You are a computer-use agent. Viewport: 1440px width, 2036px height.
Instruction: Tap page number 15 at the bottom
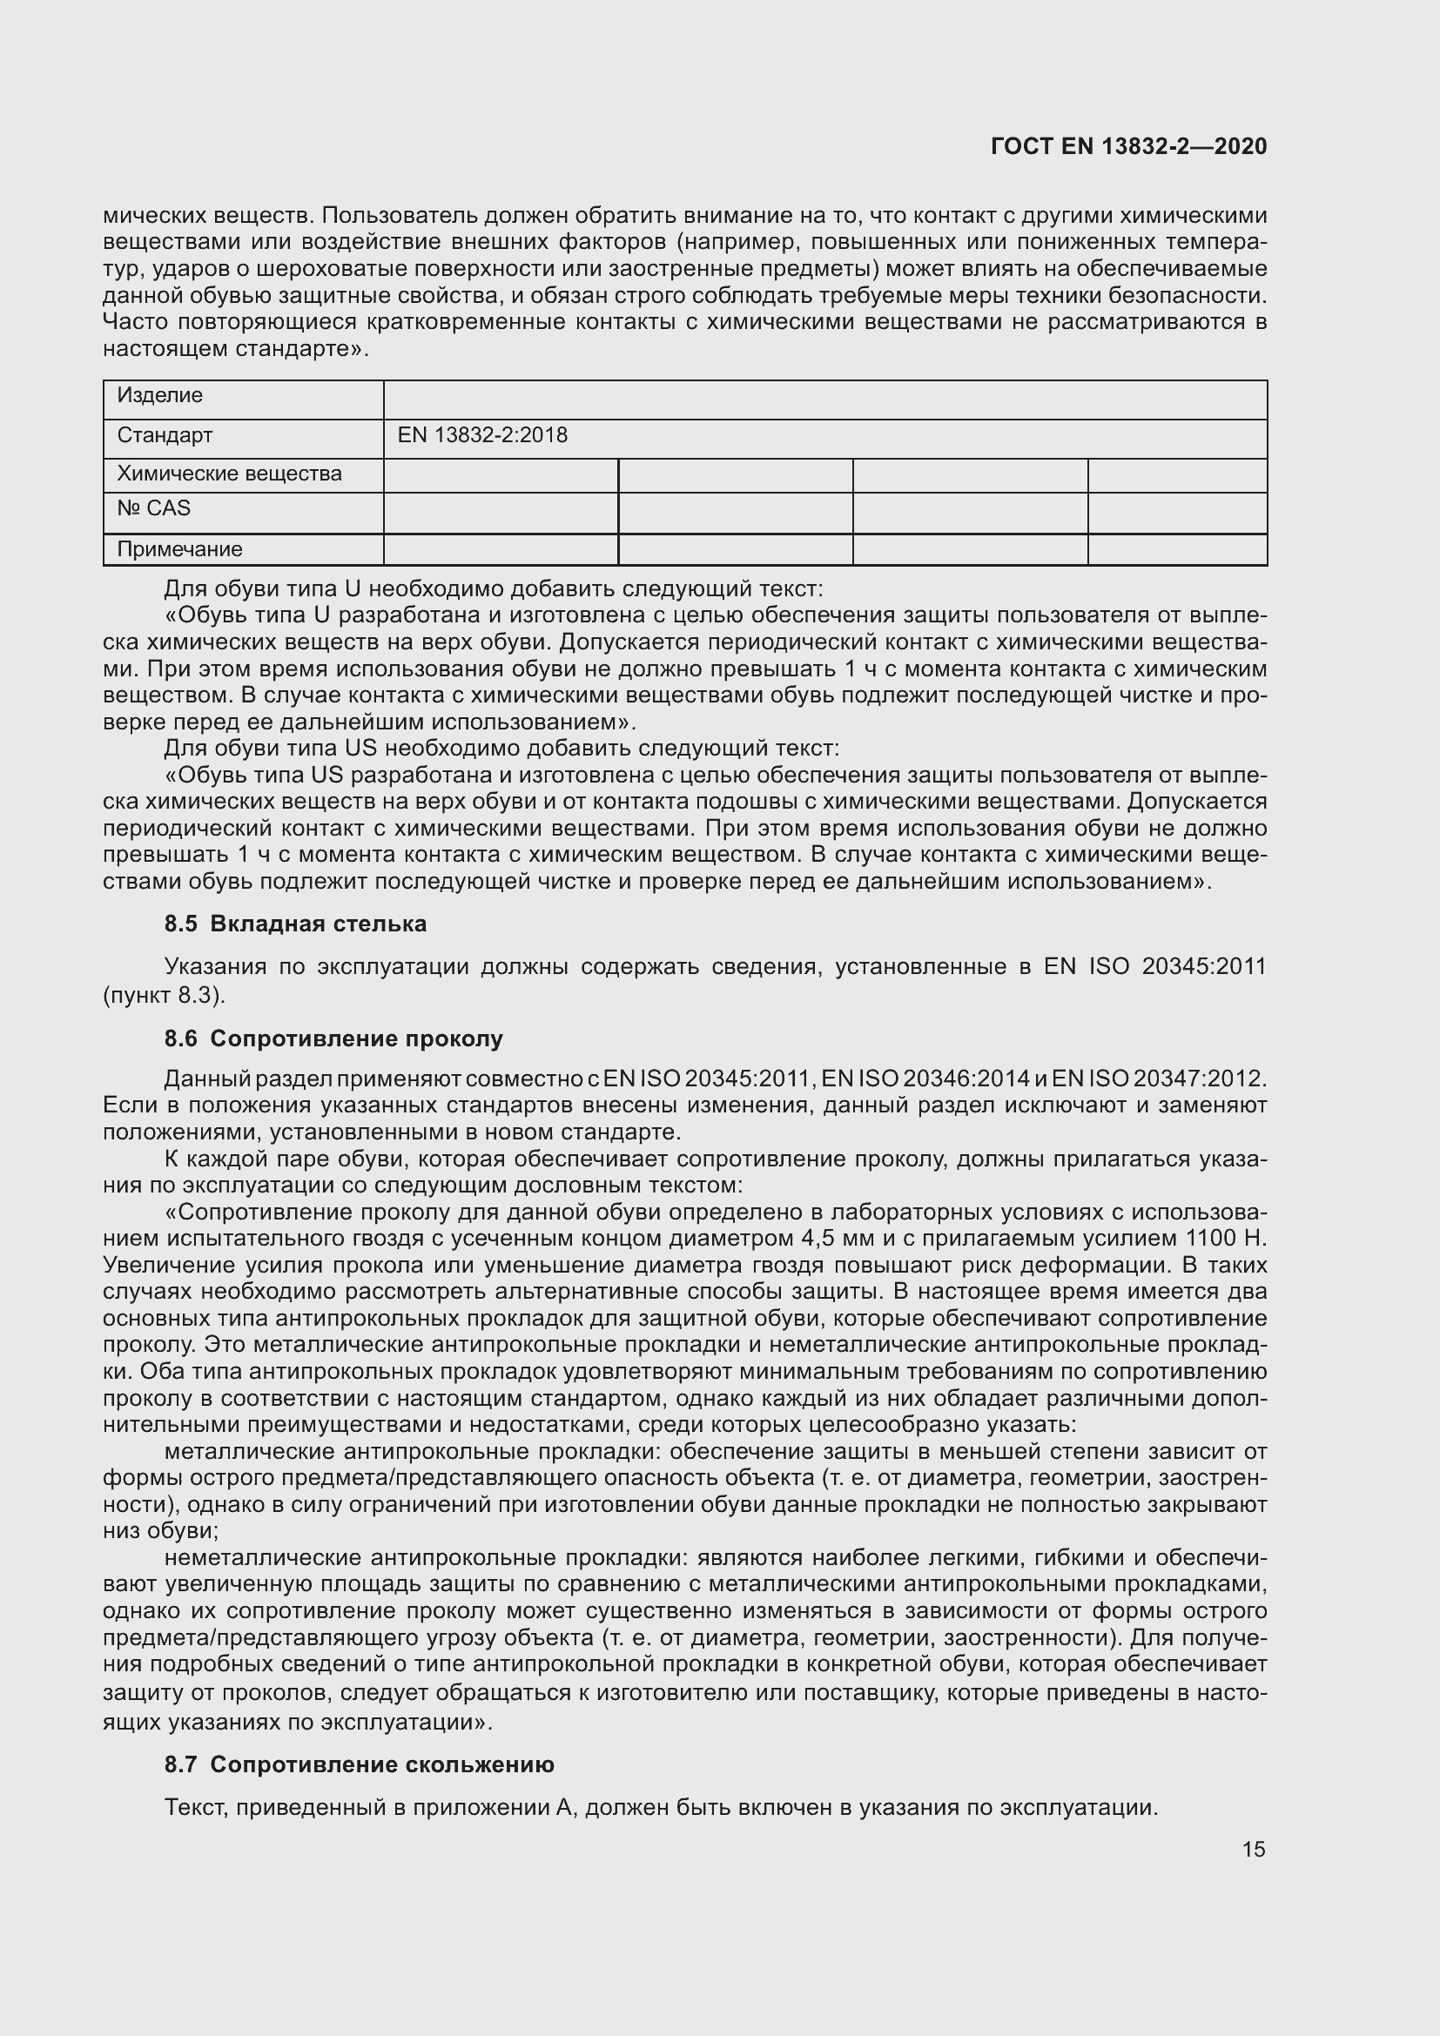(x=1253, y=1849)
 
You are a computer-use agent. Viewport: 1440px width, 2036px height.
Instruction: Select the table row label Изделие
(x=160, y=395)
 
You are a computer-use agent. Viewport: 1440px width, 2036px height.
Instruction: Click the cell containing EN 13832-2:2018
(x=482, y=435)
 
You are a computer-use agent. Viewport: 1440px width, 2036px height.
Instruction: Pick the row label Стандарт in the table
(x=165, y=435)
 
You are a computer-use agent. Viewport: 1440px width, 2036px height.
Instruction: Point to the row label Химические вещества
(x=230, y=474)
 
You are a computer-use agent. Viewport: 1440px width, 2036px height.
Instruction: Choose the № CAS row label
(x=154, y=508)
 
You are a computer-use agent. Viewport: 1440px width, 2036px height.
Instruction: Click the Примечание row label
(x=180, y=549)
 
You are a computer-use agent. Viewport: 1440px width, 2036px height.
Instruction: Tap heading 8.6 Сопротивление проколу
(x=333, y=1038)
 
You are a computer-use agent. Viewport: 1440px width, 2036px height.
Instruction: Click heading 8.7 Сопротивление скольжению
(x=359, y=1764)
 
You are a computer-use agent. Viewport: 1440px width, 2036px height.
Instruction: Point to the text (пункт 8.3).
(x=165, y=995)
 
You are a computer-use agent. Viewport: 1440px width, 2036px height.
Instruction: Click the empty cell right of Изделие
(x=824, y=400)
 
